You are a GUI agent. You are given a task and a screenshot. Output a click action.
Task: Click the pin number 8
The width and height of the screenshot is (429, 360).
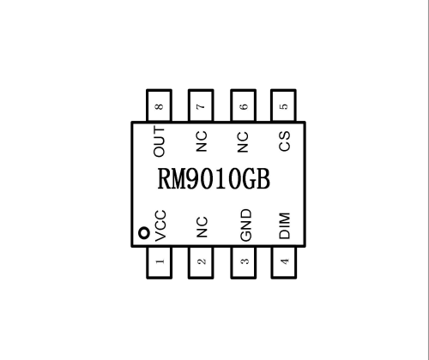pyautogui.click(x=159, y=106)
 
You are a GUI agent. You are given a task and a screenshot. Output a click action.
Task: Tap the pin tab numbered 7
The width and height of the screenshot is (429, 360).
pyautogui.click(x=201, y=105)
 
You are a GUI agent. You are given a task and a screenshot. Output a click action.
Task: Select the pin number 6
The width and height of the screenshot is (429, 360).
pyautogui.click(x=244, y=106)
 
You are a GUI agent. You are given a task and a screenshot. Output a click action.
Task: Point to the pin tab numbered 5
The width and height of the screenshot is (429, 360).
pyautogui.click(x=283, y=105)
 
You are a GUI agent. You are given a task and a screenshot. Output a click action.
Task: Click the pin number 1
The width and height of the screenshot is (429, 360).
pyautogui.click(x=160, y=261)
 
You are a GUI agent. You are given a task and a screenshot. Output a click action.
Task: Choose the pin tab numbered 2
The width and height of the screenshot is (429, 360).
pyautogui.click(x=201, y=262)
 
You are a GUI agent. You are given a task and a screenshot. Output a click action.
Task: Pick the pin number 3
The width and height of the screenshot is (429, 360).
pyautogui.click(x=245, y=261)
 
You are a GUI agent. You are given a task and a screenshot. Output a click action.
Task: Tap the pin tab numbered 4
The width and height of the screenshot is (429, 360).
pyautogui.click(x=284, y=262)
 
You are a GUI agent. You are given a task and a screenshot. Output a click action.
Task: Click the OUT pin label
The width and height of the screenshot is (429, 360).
pyautogui.click(x=159, y=141)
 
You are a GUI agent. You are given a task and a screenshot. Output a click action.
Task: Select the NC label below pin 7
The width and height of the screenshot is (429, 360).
pyautogui.click(x=202, y=141)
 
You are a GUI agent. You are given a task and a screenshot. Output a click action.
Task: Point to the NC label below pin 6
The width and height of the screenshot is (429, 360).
pyautogui.click(x=243, y=142)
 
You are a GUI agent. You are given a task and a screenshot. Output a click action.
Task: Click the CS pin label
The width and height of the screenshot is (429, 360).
pyautogui.click(x=284, y=141)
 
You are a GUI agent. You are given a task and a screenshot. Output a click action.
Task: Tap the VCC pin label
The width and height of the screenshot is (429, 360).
pyautogui.click(x=160, y=225)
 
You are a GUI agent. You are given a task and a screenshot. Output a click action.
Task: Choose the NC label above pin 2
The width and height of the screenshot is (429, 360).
pyautogui.click(x=202, y=227)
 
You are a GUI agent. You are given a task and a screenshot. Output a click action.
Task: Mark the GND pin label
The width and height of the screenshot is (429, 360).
pyautogui.click(x=245, y=225)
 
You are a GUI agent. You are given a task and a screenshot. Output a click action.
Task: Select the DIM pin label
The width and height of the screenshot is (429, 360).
pyautogui.click(x=285, y=225)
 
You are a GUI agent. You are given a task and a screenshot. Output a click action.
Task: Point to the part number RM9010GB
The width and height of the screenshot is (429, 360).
pyautogui.click(x=214, y=179)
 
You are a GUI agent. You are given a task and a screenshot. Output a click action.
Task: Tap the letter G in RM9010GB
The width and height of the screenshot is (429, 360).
pyautogui.click(x=249, y=179)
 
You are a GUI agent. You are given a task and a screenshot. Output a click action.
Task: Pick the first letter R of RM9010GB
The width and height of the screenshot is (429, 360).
pyautogui.click(x=164, y=179)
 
